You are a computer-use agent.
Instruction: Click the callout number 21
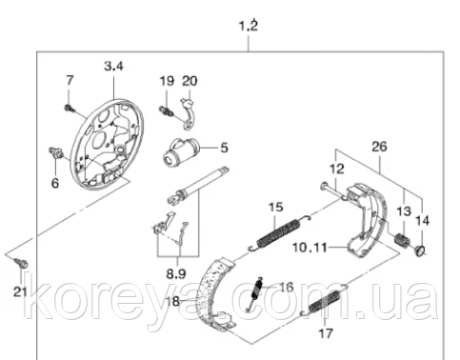tap(20, 291)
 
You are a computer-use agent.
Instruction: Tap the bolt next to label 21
tap(22, 263)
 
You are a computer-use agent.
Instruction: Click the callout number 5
tap(225, 148)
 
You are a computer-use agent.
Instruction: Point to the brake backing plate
tap(107, 145)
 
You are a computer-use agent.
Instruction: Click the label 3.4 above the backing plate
tap(113, 67)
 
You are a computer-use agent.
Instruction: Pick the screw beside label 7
tap(70, 109)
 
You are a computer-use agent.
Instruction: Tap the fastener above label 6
tap(56, 152)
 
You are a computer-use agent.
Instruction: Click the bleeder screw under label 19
tap(166, 110)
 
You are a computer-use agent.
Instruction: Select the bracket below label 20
tap(190, 114)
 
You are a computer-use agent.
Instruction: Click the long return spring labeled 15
tap(279, 232)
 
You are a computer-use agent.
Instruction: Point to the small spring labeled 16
tap(255, 294)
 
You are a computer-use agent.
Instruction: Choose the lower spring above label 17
tap(325, 301)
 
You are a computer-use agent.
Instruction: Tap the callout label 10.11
tap(310, 247)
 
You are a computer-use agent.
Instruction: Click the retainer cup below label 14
tap(420, 250)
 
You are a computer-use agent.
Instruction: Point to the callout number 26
tap(379, 147)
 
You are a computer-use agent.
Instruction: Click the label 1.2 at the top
tap(249, 26)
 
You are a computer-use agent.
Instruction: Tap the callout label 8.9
tap(176, 273)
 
